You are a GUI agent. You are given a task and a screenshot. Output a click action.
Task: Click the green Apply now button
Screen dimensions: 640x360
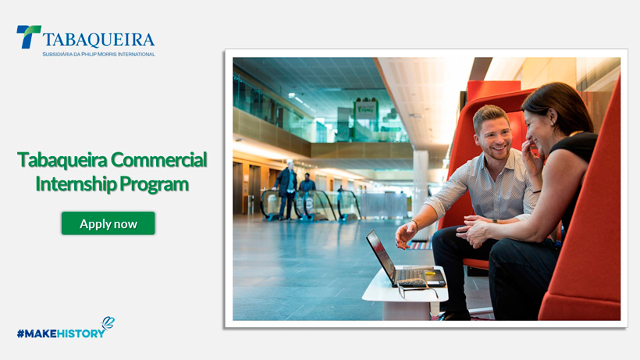[x=108, y=223]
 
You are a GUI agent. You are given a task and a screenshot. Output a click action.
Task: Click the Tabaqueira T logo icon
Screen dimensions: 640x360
[x=28, y=37]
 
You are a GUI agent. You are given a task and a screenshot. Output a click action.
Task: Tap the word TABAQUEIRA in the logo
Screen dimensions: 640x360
[x=98, y=40]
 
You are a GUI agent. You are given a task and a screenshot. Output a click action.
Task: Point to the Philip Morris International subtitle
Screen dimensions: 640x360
[x=99, y=55]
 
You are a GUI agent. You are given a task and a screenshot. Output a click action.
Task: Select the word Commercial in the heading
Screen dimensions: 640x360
[x=158, y=159]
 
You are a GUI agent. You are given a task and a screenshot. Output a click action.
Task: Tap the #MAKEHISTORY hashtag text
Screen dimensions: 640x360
[x=61, y=333]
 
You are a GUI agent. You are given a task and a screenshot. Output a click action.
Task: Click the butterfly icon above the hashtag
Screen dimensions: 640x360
[x=108, y=323]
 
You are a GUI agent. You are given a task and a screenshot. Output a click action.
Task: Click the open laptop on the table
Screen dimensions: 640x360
[x=402, y=262]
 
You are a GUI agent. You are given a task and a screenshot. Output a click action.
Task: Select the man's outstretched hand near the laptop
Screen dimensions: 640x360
[x=406, y=234]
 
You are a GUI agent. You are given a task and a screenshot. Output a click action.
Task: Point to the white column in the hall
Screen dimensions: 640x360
[x=421, y=184]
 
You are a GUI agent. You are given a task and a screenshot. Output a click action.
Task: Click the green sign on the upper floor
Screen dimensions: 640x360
[x=366, y=109]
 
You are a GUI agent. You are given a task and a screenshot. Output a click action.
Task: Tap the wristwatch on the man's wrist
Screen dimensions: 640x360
[x=495, y=221]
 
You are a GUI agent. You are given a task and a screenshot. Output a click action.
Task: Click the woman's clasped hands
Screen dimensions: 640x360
[x=475, y=231]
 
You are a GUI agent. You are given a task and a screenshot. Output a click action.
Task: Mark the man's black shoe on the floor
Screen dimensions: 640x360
[x=455, y=315]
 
